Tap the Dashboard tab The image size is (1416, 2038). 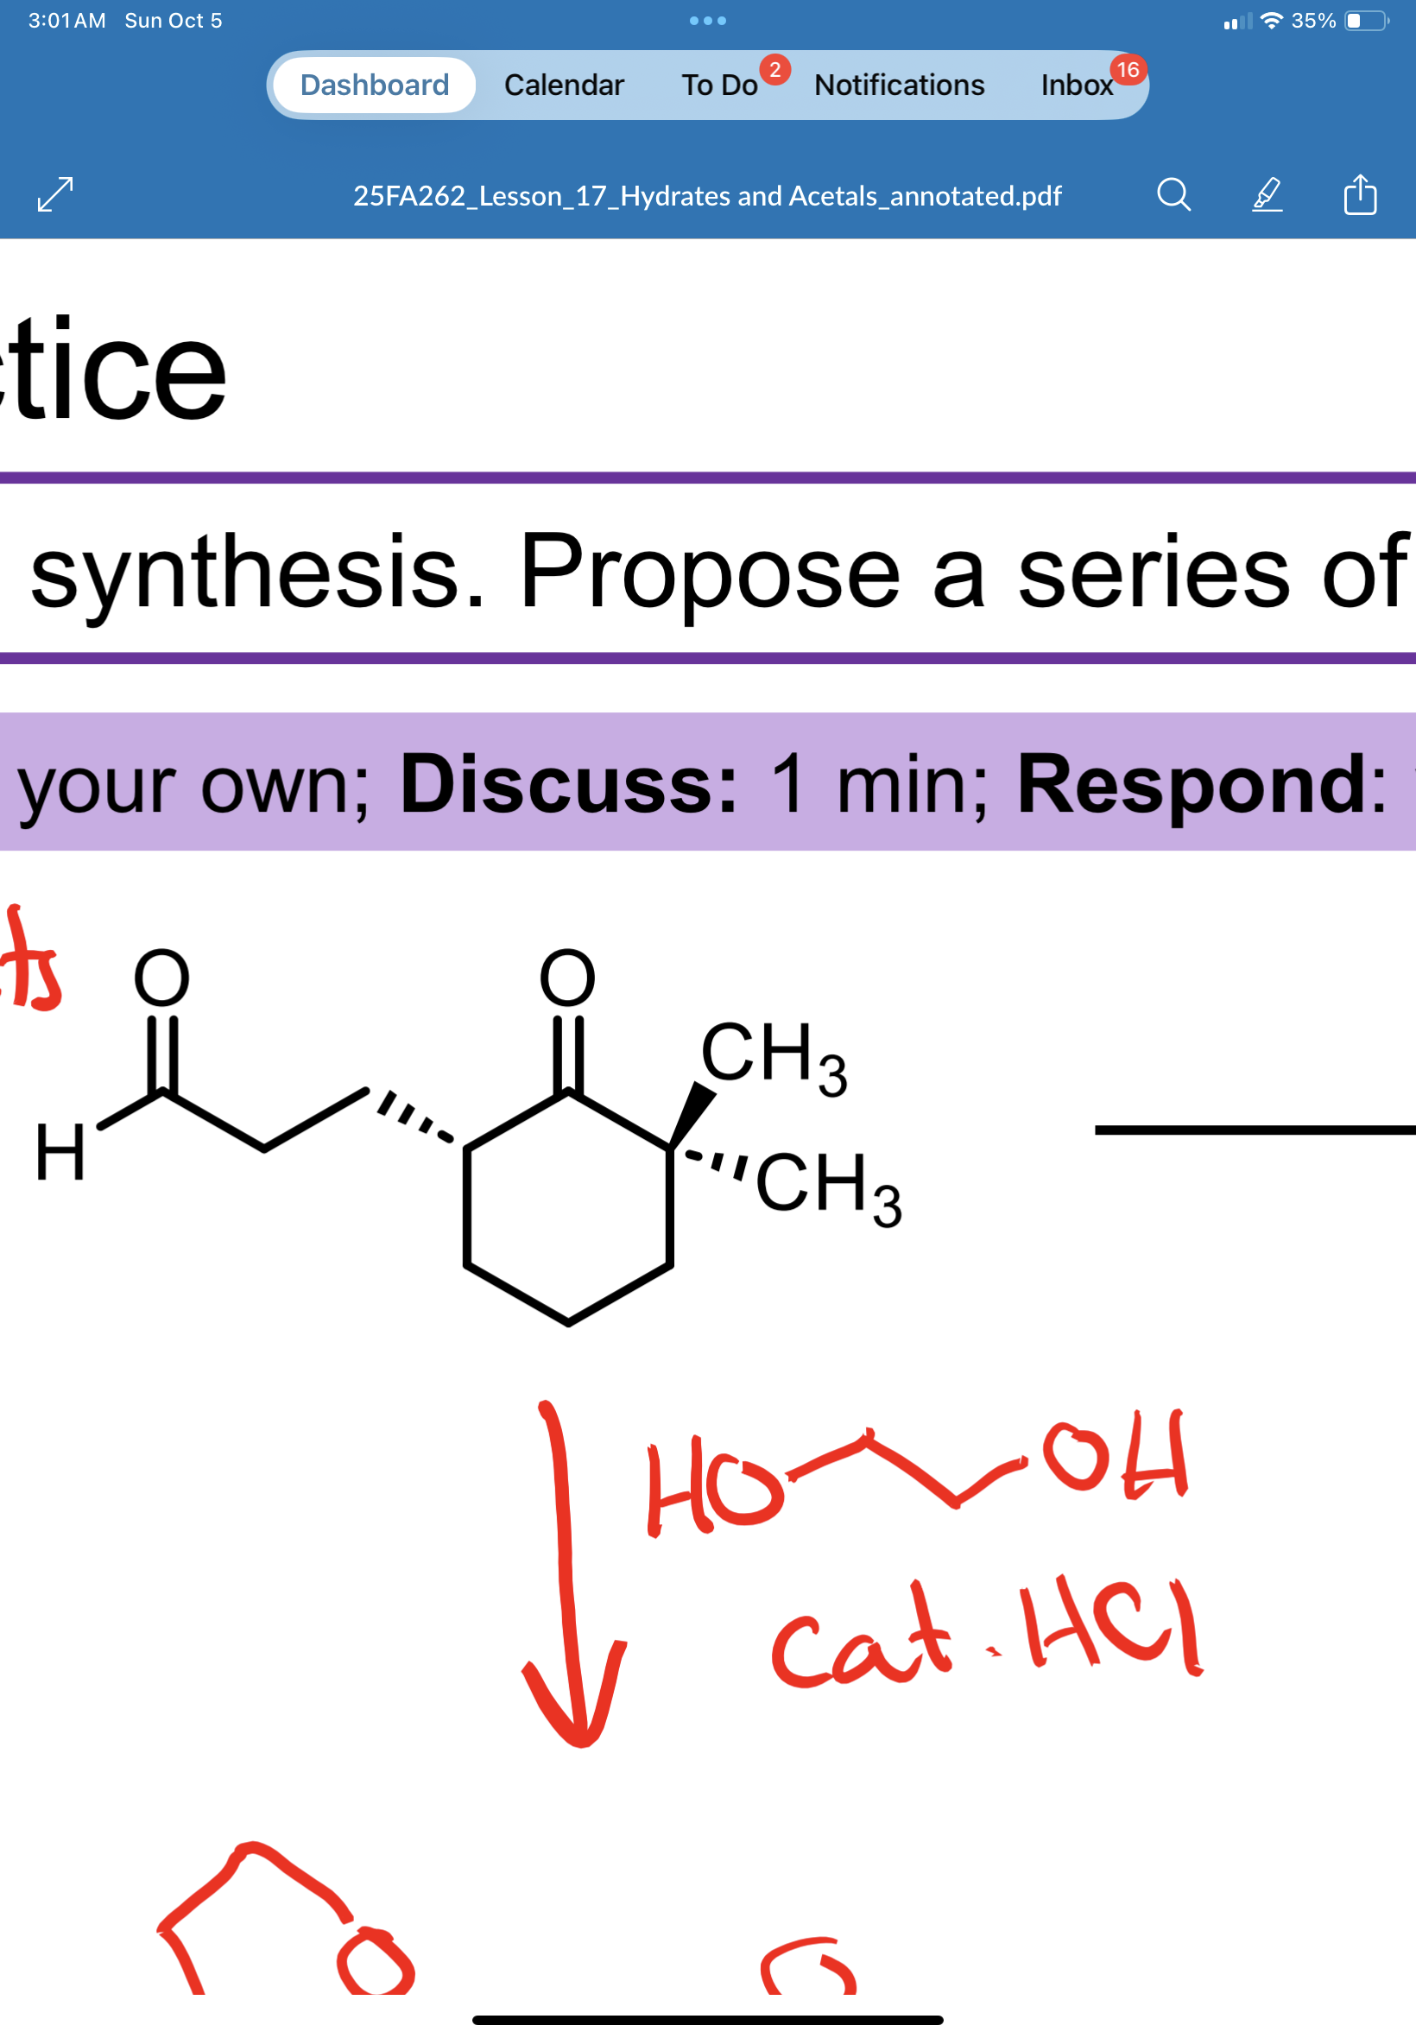point(375,85)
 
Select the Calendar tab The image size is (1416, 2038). point(564,85)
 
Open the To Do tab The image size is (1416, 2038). point(718,85)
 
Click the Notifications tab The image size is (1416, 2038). point(899,85)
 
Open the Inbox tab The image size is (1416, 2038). point(1075,85)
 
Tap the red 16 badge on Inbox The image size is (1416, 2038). point(1127,69)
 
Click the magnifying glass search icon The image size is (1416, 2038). point(1173,194)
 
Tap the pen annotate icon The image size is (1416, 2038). point(1267,194)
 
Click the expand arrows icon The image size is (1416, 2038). point(55,194)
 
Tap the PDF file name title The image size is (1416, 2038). point(707,195)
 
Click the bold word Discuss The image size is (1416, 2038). point(568,783)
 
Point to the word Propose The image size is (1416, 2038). point(710,573)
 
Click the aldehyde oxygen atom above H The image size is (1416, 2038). point(161,978)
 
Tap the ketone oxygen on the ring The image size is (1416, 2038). point(568,978)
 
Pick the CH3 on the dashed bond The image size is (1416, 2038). point(828,1186)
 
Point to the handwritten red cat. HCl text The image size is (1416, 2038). point(985,1632)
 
